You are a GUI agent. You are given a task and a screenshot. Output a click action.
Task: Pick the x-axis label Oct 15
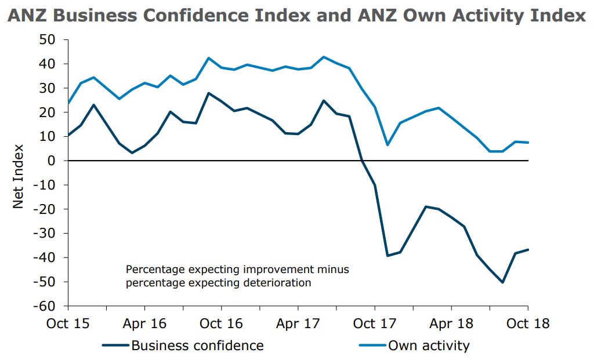point(67,323)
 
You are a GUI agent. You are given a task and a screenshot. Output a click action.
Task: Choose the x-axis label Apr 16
point(144,323)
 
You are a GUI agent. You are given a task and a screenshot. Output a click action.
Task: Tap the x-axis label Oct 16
point(221,323)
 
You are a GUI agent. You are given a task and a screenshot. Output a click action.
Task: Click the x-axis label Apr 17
point(298,323)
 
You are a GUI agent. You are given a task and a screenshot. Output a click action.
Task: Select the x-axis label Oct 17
point(374,323)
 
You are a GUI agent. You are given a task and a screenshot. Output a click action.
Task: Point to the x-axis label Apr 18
point(451,323)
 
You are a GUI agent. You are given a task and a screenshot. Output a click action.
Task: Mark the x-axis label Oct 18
point(527,323)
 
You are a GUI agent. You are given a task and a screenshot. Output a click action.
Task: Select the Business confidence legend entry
point(197,346)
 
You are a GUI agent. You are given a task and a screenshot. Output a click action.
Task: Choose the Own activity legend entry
point(429,346)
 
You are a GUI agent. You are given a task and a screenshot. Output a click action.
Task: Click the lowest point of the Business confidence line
point(502,282)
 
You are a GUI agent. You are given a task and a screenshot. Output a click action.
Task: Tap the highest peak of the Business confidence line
point(209,93)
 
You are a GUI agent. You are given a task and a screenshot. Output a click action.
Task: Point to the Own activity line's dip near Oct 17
point(387,144)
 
